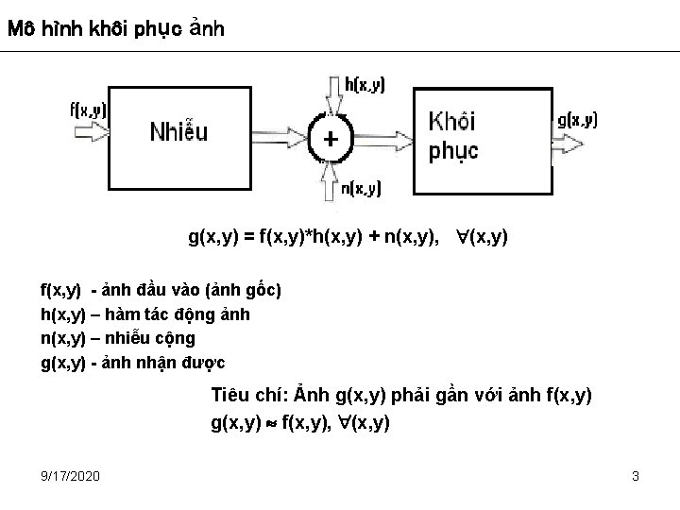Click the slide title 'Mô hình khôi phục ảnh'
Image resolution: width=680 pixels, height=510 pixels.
point(115,28)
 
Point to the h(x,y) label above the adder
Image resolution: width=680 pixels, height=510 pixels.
point(365,85)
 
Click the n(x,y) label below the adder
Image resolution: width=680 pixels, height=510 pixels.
point(361,189)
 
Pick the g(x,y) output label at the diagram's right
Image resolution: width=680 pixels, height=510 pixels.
point(576,119)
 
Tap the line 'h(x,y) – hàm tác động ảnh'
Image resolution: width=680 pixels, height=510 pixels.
point(144,314)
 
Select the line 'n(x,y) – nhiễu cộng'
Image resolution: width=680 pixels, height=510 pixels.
point(117,338)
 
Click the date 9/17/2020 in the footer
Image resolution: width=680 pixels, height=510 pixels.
point(71,476)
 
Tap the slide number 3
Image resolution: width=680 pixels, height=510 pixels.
point(636,476)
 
